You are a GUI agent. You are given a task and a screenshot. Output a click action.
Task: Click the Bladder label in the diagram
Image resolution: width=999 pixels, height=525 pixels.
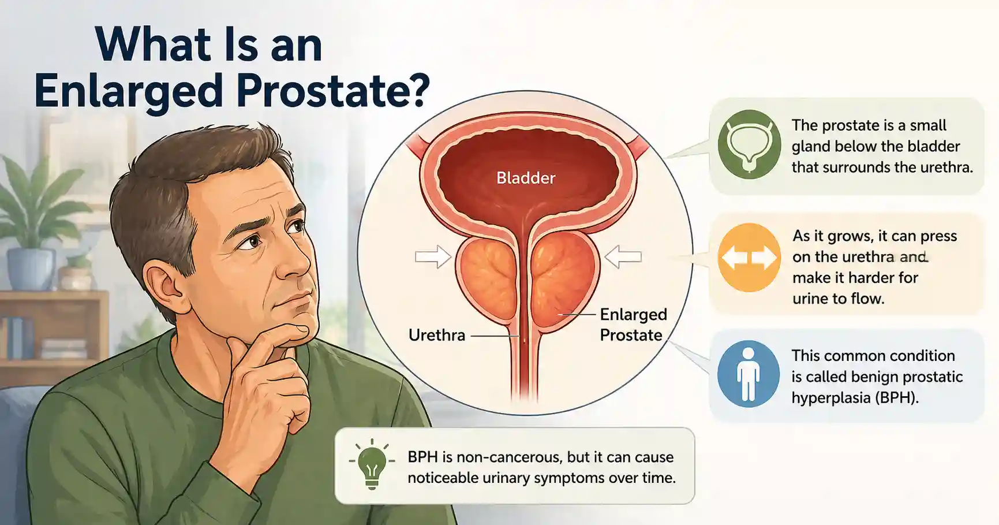click(525, 178)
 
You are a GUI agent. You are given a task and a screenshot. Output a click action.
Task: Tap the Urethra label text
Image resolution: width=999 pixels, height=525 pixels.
click(436, 335)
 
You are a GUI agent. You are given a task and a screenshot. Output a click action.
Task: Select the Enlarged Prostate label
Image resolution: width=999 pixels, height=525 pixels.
click(633, 325)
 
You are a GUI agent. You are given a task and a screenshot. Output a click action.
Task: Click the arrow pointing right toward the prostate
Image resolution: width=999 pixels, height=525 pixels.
click(433, 256)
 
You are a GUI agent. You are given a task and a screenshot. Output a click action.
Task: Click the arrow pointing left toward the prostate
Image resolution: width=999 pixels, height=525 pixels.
click(623, 256)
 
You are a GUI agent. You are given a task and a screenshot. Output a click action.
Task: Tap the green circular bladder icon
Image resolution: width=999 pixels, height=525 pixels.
click(749, 144)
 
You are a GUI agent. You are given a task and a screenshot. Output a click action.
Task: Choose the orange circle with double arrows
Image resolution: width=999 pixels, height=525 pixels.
click(749, 258)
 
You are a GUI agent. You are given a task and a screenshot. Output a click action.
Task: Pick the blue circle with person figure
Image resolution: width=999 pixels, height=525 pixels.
click(748, 374)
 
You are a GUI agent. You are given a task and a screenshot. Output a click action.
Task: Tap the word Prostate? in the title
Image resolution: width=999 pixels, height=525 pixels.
click(333, 91)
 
